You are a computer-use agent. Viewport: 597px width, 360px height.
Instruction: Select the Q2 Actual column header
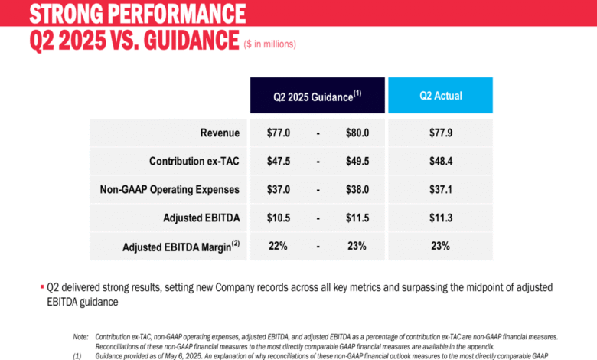[440, 97]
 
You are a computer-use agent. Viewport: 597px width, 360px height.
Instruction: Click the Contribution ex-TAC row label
[194, 161]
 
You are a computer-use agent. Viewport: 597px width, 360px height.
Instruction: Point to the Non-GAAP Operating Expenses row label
[170, 189]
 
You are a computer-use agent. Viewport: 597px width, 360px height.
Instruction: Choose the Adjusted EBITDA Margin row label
[181, 247]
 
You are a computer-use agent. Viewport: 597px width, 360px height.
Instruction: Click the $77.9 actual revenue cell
[440, 133]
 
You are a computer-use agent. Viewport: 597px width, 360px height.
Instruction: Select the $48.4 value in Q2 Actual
[440, 161]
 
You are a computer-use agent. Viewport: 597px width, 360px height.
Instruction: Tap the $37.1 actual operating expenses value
[440, 189]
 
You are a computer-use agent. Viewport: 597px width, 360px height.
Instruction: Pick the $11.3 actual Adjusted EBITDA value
[440, 218]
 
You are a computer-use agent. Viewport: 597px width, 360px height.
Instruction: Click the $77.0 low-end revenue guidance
[279, 133]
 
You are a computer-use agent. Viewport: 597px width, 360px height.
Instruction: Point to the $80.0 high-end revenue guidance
[357, 133]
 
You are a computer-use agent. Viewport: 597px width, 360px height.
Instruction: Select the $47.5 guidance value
[279, 161]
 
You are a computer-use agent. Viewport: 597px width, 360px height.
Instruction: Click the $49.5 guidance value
[357, 161]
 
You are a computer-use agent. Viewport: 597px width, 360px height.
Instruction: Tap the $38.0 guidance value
[357, 189]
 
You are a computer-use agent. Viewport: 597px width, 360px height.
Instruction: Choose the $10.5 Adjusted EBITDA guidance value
[279, 218]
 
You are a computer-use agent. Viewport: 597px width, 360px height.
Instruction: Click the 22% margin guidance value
[277, 247]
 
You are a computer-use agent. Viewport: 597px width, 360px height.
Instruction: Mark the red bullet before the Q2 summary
[42, 286]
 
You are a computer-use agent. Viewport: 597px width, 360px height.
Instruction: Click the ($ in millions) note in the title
[269, 44]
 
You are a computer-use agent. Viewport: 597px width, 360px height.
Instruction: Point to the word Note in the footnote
[80, 336]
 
